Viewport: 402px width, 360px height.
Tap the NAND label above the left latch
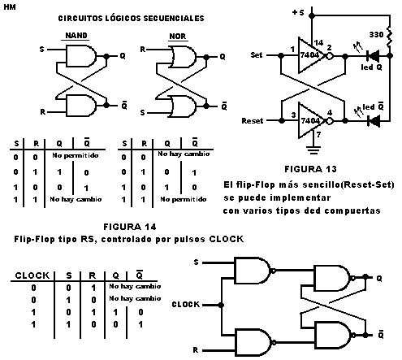point(77,35)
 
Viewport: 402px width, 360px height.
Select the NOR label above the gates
point(178,35)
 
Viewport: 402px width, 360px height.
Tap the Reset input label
point(255,120)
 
